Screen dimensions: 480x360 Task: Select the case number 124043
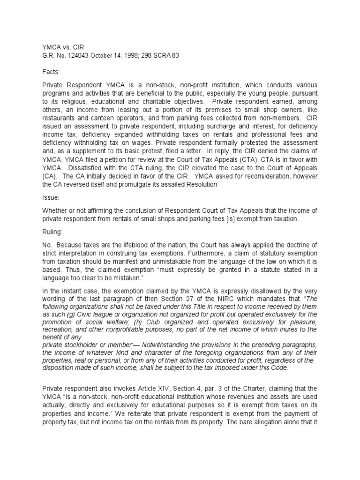click(76, 56)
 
